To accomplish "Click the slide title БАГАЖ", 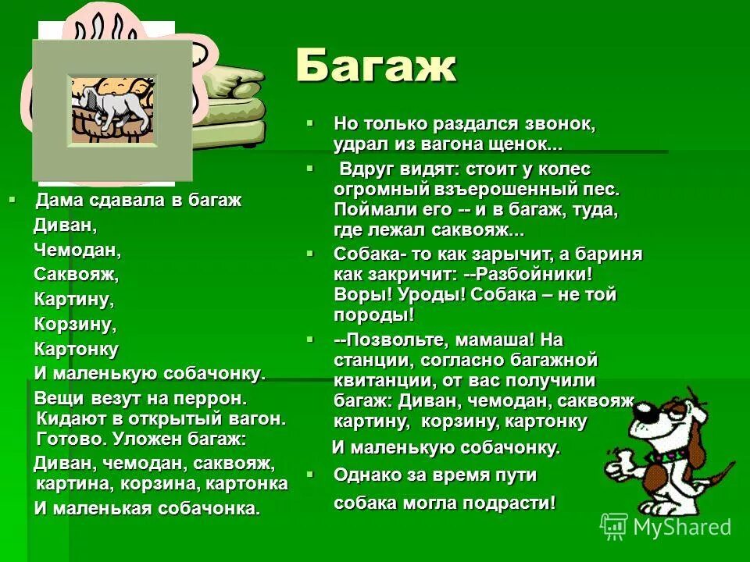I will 376,67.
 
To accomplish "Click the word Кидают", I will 66,418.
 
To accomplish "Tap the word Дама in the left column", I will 54,200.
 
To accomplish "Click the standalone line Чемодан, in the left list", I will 77,250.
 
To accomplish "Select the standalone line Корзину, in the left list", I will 75,323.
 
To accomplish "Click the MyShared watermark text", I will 681,527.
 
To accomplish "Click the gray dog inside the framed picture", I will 110,105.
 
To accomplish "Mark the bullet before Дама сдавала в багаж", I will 12,199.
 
